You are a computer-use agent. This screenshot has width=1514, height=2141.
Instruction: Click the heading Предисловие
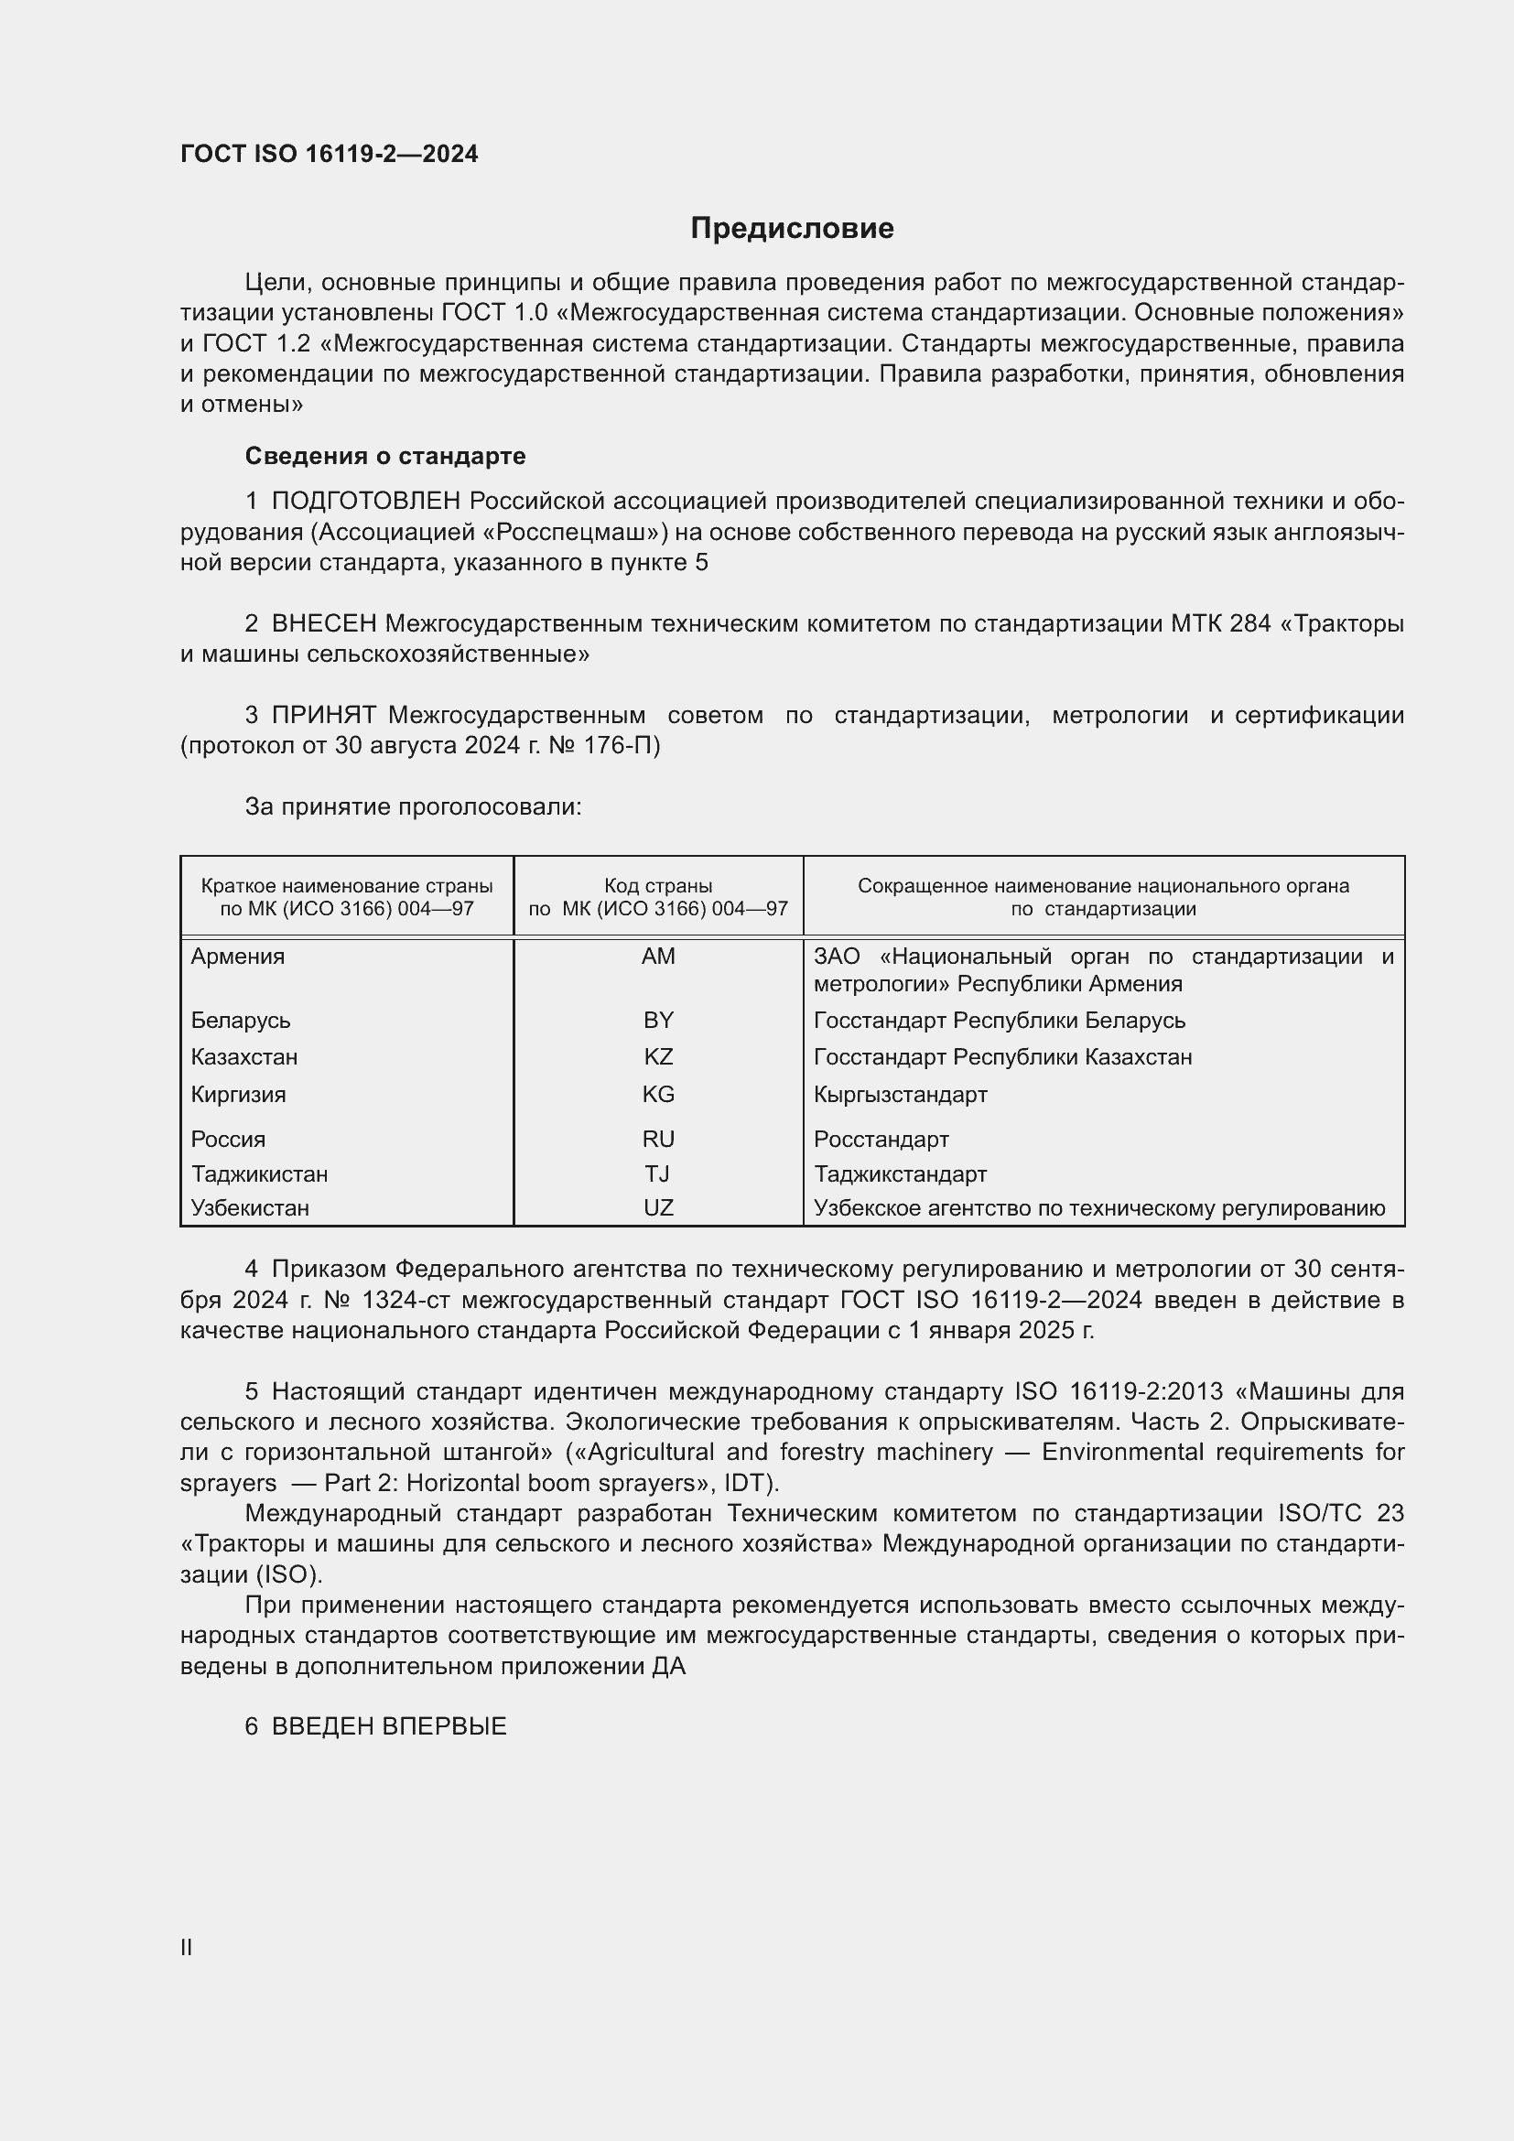pyautogui.click(x=792, y=229)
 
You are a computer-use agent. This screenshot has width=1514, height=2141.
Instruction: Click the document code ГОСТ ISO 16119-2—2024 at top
pyautogui.click(x=330, y=154)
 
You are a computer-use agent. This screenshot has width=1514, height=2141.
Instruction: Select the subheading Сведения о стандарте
pyautogui.click(x=385, y=456)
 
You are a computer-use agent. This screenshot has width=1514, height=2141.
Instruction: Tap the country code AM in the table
pyautogui.click(x=658, y=956)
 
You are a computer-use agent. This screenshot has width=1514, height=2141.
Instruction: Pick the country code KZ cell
pyautogui.click(x=658, y=1056)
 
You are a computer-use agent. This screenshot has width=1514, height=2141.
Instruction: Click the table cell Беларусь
pyautogui.click(x=241, y=1020)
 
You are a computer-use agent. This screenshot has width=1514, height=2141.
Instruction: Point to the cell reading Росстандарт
pyautogui.click(x=881, y=1139)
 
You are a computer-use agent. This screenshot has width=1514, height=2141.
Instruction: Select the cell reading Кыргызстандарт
pyautogui.click(x=900, y=1094)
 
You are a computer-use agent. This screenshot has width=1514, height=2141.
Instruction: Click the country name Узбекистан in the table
pyautogui.click(x=250, y=1207)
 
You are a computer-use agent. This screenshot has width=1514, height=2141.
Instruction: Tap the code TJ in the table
pyautogui.click(x=657, y=1173)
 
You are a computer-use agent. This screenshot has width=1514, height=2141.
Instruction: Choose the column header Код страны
pyautogui.click(x=658, y=886)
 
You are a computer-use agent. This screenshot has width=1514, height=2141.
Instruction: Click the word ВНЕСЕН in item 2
pyautogui.click(x=323, y=623)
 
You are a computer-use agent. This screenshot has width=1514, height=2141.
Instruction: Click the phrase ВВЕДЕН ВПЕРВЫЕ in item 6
pyautogui.click(x=389, y=1727)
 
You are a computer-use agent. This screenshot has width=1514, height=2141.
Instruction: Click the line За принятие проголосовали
pyautogui.click(x=413, y=806)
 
